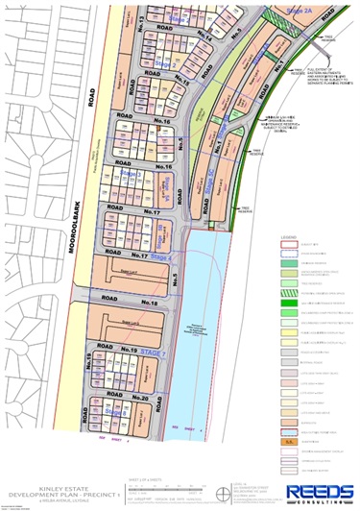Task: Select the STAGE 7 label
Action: [148, 355]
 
